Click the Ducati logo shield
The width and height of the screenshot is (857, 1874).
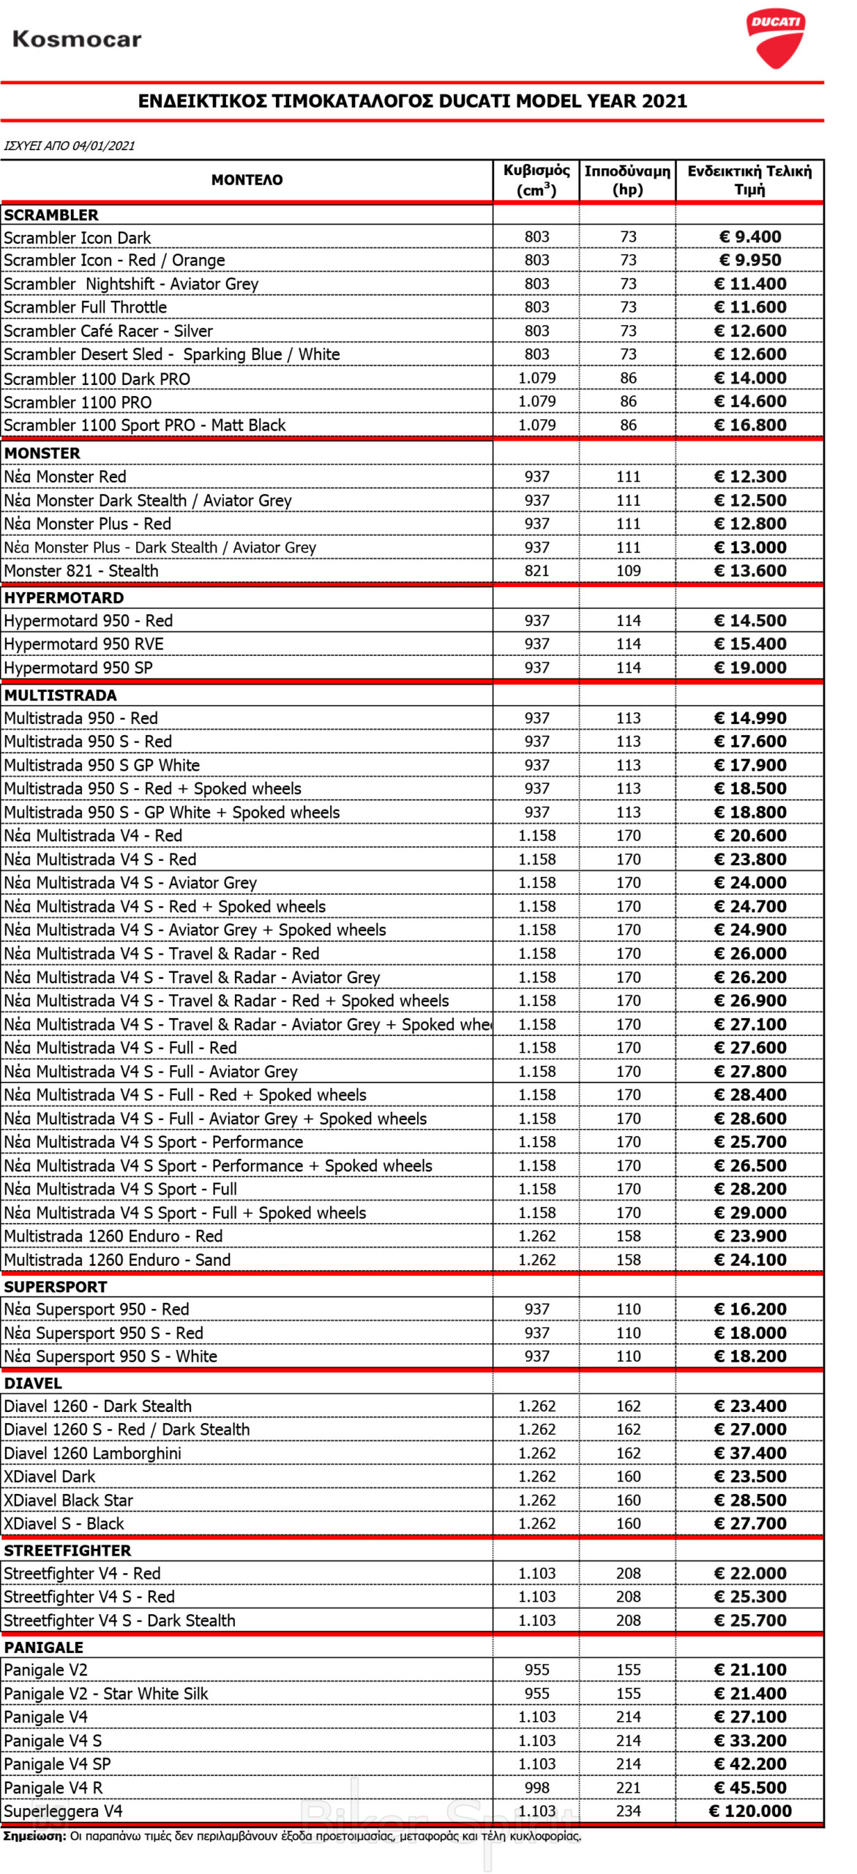pyautogui.click(x=775, y=38)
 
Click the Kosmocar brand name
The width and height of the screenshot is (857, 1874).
pyautogui.click(x=77, y=39)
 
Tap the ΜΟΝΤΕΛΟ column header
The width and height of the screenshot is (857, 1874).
pyautogui.click(x=247, y=180)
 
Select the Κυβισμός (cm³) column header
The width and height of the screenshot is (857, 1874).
pyautogui.click(x=536, y=180)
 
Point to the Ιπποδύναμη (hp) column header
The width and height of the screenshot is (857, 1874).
pyautogui.click(x=627, y=180)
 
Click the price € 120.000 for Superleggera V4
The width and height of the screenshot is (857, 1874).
pyautogui.click(x=750, y=1810)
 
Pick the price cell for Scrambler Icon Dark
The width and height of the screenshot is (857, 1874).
pyautogui.click(x=750, y=236)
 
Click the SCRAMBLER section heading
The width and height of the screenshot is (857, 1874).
pyautogui.click(x=51, y=214)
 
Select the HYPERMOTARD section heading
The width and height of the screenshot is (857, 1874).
pyautogui.click(x=64, y=597)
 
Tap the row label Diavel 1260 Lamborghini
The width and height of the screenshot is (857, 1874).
pyautogui.click(x=92, y=1453)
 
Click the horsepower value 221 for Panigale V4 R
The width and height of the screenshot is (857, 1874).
pyautogui.click(x=628, y=1787)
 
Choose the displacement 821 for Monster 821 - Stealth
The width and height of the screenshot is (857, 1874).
pyautogui.click(x=536, y=570)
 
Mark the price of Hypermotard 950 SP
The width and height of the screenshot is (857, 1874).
pyautogui.click(x=750, y=667)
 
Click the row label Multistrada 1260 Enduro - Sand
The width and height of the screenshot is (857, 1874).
pyautogui.click(x=117, y=1259)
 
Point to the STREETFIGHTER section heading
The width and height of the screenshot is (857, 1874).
pyautogui.click(x=67, y=1550)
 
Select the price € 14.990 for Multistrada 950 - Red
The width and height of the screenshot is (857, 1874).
pyautogui.click(x=750, y=717)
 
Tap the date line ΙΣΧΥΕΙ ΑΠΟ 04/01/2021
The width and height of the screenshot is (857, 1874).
pyautogui.click(x=70, y=146)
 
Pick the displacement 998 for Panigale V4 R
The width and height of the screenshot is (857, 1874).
pyautogui.click(x=536, y=1787)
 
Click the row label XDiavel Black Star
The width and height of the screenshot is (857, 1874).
pyautogui.click(x=69, y=1500)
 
